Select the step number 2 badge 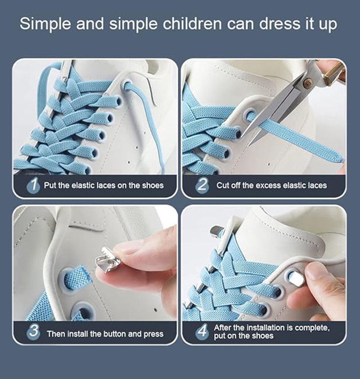point(202,185)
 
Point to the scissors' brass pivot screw point(308,83)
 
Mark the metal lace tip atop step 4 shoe point(216,232)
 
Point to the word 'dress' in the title point(264,24)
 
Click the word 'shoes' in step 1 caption point(153,185)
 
